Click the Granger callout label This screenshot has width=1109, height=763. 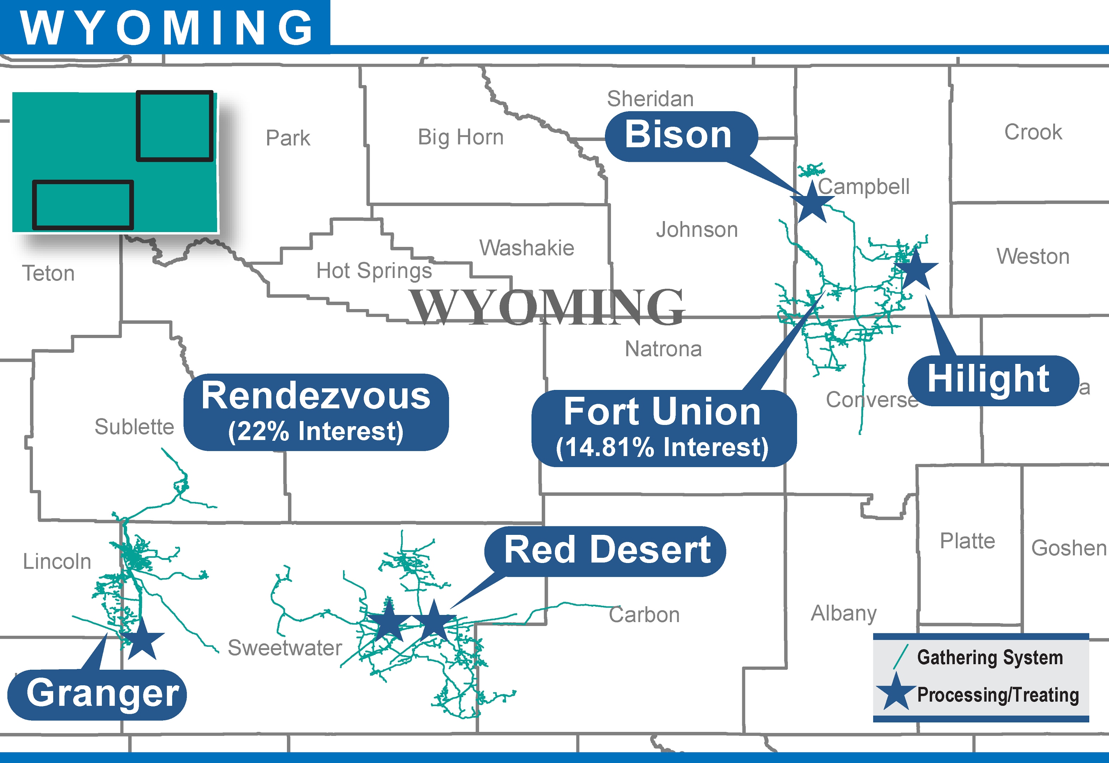[102, 693]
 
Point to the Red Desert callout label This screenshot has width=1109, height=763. [606, 550]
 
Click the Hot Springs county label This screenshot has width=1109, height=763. [374, 271]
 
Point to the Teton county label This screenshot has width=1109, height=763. [48, 273]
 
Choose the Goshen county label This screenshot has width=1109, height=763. [1068, 548]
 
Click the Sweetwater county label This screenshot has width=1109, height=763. [284, 648]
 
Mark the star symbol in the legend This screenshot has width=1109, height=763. [895, 692]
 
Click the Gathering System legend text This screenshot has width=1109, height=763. [990, 657]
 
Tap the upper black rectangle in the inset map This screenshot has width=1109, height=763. [175, 126]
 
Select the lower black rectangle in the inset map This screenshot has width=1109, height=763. [83, 205]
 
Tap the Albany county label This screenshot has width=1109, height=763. [844, 613]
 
